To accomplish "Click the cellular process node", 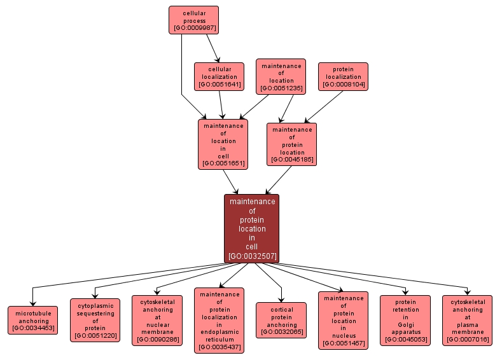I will pyautogui.click(x=193, y=20).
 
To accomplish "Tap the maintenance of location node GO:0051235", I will pyautogui.click(x=281, y=76).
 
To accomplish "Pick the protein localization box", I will pyautogui.click(x=343, y=76).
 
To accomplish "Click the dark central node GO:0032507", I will pyautogui.click(x=251, y=228).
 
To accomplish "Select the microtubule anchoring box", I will pyautogui.click(x=33, y=320).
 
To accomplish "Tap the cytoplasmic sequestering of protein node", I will pyautogui.click(x=95, y=320).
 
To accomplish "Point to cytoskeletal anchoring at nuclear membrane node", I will pyautogui.click(x=157, y=320).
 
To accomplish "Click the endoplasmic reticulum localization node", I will pyautogui.click(x=219, y=320).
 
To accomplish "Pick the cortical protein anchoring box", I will pyautogui.click(x=281, y=320).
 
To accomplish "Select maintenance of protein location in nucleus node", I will pyautogui.click(x=343, y=320).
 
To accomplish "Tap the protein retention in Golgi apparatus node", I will pyautogui.click(x=405, y=320).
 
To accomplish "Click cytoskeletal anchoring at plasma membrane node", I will pyautogui.click(x=468, y=320).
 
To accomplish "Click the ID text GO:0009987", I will pyautogui.click(x=193, y=28).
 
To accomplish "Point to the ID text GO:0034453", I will pyautogui.click(x=33, y=328).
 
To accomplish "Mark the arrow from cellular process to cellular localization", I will pyautogui.click(x=213, y=48).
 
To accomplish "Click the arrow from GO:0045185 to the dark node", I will pyautogui.click(x=279, y=179).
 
